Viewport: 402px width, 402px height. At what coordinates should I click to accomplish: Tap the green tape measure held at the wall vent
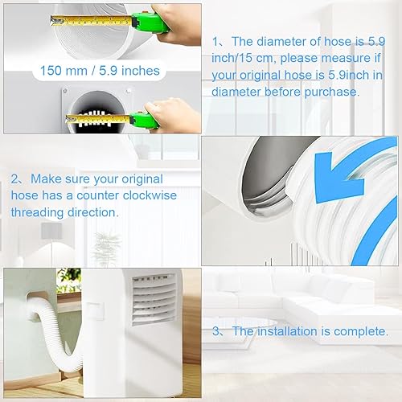coord(144,120)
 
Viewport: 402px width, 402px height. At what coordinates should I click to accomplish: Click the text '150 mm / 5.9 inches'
coord(100,71)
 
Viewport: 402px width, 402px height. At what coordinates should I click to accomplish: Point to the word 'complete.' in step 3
coord(361,332)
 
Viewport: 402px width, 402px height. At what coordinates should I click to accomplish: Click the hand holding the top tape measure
coord(179,24)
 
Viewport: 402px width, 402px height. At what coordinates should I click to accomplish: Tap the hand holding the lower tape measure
coord(171,115)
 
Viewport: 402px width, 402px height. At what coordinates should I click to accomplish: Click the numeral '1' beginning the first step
coord(215,42)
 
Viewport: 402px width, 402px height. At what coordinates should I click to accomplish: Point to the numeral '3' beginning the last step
coord(215,331)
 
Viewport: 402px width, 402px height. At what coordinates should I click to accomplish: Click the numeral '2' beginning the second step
coord(14,179)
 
